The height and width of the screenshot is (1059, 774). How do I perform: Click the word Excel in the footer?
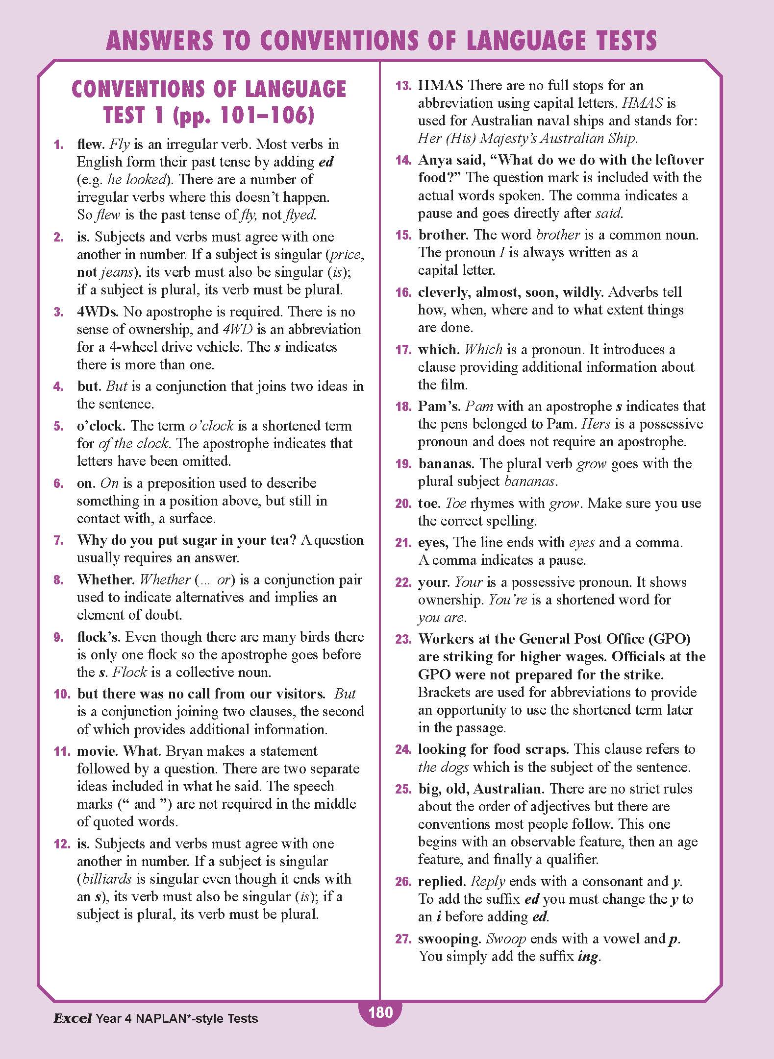pyautogui.click(x=73, y=1018)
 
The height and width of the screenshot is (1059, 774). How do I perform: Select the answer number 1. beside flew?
pyautogui.click(x=59, y=144)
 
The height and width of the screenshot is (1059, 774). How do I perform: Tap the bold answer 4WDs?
pyautogui.click(x=98, y=312)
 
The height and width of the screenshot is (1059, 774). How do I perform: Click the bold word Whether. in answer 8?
pyautogui.click(x=105, y=579)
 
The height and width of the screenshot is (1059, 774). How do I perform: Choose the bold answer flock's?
pyautogui.click(x=99, y=637)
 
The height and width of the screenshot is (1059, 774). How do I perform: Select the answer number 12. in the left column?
pyautogui.click(x=62, y=843)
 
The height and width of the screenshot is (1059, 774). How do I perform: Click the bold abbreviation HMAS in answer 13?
pyautogui.click(x=440, y=85)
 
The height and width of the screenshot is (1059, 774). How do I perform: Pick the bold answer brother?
pyautogui.click(x=443, y=235)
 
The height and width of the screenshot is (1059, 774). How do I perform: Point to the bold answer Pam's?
pyautogui.click(x=438, y=406)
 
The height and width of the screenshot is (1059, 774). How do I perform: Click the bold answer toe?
pyautogui.click(x=429, y=503)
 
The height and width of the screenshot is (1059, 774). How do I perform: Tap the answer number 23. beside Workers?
pyautogui.click(x=403, y=639)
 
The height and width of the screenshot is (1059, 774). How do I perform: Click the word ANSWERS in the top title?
pyautogui.click(x=160, y=41)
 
